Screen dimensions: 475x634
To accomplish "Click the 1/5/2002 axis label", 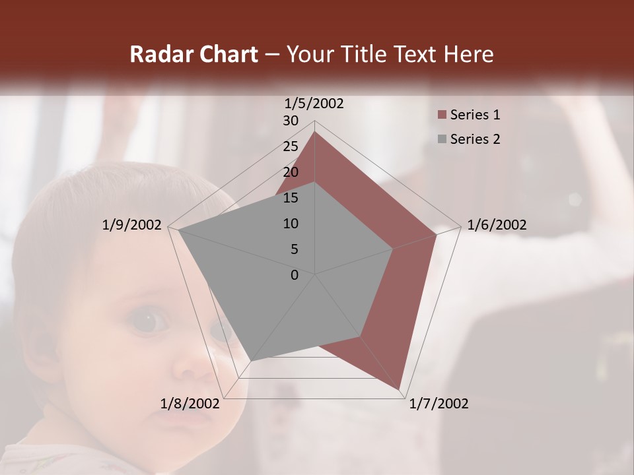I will pyautogui.click(x=314, y=103).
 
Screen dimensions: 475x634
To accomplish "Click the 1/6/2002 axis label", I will pyautogui.click(x=497, y=225).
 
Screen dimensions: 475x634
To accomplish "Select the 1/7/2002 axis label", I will pyautogui.click(x=439, y=404).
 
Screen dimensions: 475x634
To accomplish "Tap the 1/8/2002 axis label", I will pyautogui.click(x=190, y=404).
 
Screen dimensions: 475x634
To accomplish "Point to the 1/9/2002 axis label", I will pyautogui.click(x=132, y=225).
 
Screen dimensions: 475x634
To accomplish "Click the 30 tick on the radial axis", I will pyautogui.click(x=291, y=121).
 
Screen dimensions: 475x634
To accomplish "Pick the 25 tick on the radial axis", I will pyautogui.click(x=291, y=146).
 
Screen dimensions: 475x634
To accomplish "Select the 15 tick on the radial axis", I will pyautogui.click(x=291, y=198).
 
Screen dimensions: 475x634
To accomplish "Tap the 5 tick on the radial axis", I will pyautogui.click(x=294, y=249).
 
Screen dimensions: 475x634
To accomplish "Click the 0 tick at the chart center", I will pyautogui.click(x=295, y=275).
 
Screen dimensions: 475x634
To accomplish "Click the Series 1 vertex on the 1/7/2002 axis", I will pyautogui.click(x=400, y=391).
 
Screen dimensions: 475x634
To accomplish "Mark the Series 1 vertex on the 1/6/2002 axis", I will pyautogui.click(x=437, y=234).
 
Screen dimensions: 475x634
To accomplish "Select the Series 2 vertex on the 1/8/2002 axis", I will pyautogui.click(x=251, y=361).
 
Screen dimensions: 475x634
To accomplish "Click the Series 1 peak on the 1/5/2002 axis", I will pyautogui.click(x=315, y=131).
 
